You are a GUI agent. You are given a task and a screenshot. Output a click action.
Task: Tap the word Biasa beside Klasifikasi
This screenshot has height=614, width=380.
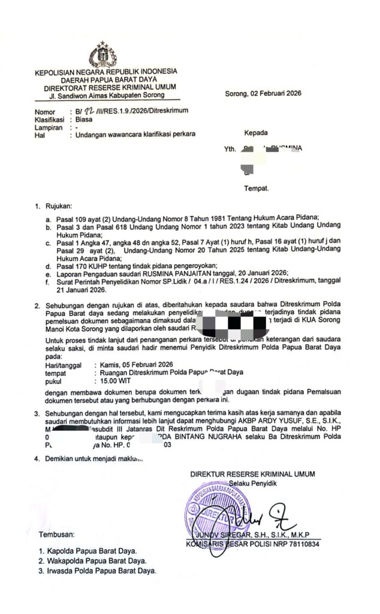click(x=79, y=119)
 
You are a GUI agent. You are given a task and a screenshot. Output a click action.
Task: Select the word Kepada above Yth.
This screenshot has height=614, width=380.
click(x=255, y=133)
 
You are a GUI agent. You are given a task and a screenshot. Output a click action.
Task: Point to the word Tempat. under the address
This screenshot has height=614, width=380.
click(x=256, y=188)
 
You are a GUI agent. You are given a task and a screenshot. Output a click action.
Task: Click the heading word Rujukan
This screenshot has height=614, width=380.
click(x=59, y=207)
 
